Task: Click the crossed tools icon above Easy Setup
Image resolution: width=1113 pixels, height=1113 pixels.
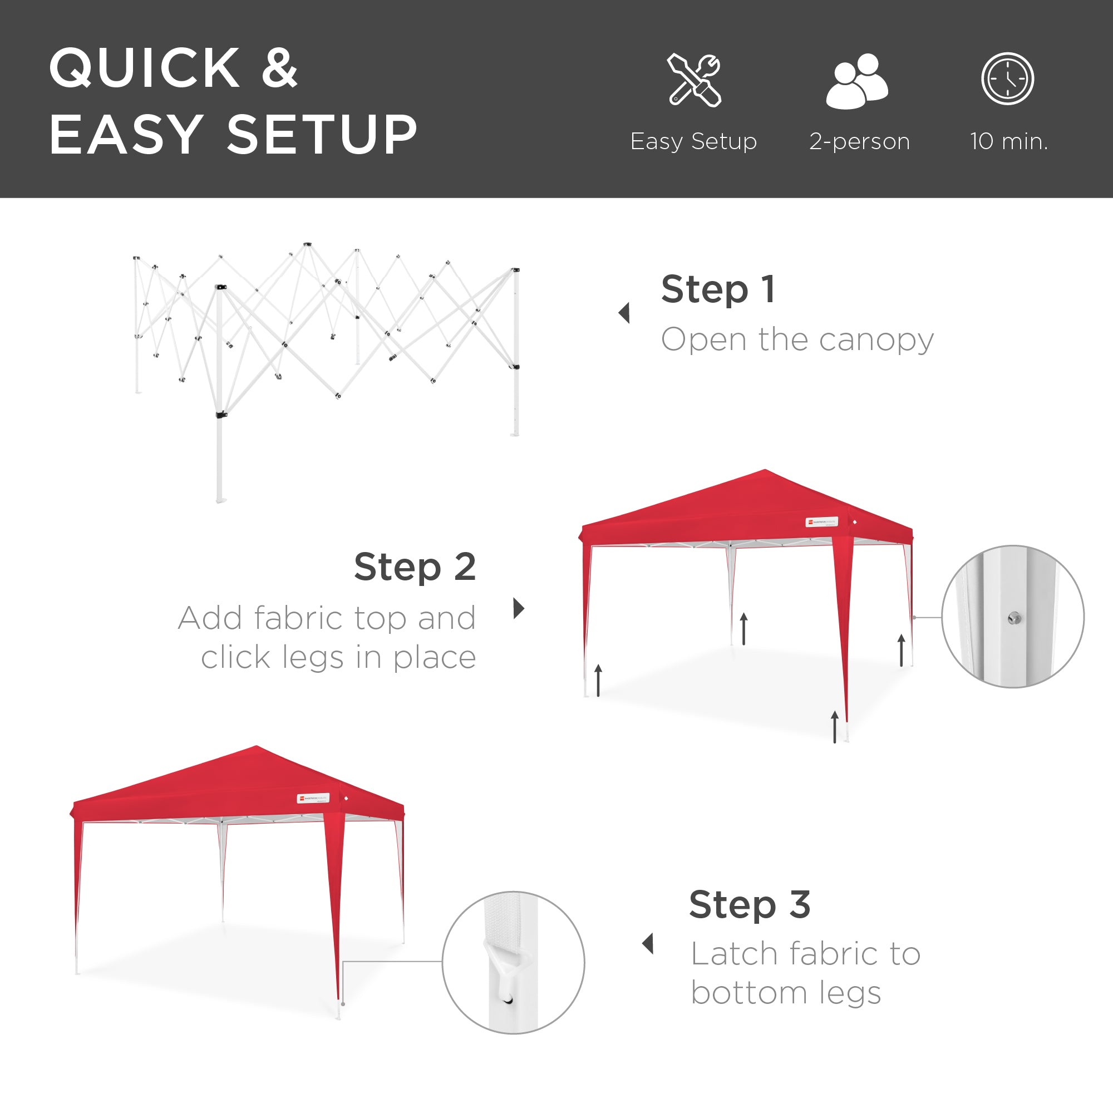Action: [694, 80]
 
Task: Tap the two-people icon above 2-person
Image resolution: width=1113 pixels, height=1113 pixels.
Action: [857, 81]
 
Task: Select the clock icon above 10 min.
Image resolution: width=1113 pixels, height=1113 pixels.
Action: [1008, 79]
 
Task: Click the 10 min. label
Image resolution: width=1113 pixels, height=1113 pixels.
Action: [1009, 142]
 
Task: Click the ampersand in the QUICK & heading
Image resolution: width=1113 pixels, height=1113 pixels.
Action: [280, 69]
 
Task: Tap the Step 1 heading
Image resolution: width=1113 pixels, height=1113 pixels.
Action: [718, 289]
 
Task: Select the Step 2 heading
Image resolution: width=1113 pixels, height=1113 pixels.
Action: [415, 568]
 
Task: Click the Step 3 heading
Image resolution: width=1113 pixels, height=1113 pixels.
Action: [750, 905]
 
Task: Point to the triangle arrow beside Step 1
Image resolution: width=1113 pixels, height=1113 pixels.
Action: [624, 313]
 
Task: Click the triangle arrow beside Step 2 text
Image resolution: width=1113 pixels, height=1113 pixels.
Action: [519, 608]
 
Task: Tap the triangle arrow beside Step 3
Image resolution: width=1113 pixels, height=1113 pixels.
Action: [648, 944]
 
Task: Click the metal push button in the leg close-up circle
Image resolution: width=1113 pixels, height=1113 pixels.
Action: [1014, 619]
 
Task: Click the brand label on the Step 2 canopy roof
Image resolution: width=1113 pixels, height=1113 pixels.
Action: [821, 523]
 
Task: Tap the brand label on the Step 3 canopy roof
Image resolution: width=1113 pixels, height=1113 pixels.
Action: [313, 799]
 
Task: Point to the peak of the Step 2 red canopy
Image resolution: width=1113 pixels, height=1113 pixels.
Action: [765, 471]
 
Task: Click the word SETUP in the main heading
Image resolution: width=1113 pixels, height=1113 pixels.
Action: [322, 135]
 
